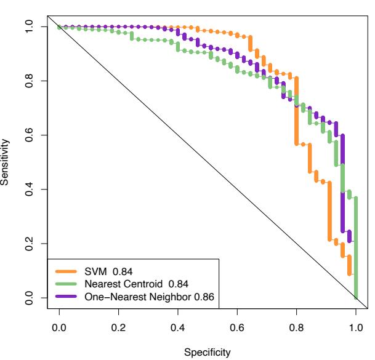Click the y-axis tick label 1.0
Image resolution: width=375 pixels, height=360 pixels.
tap(27, 27)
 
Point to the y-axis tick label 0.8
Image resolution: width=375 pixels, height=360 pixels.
tap(27, 81)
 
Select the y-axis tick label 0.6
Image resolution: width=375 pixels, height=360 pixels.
tap(27, 135)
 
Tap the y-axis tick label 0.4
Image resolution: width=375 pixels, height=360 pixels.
tap(27, 190)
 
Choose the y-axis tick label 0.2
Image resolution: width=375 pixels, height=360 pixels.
tap(27, 244)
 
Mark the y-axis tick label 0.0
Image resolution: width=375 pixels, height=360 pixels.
tap(27, 298)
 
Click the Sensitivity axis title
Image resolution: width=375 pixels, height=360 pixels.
tap(6, 162)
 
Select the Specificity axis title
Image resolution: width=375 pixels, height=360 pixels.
tap(208, 353)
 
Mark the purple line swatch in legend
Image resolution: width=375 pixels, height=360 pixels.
tap(67, 297)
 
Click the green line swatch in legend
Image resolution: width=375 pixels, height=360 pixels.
tap(67, 284)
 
